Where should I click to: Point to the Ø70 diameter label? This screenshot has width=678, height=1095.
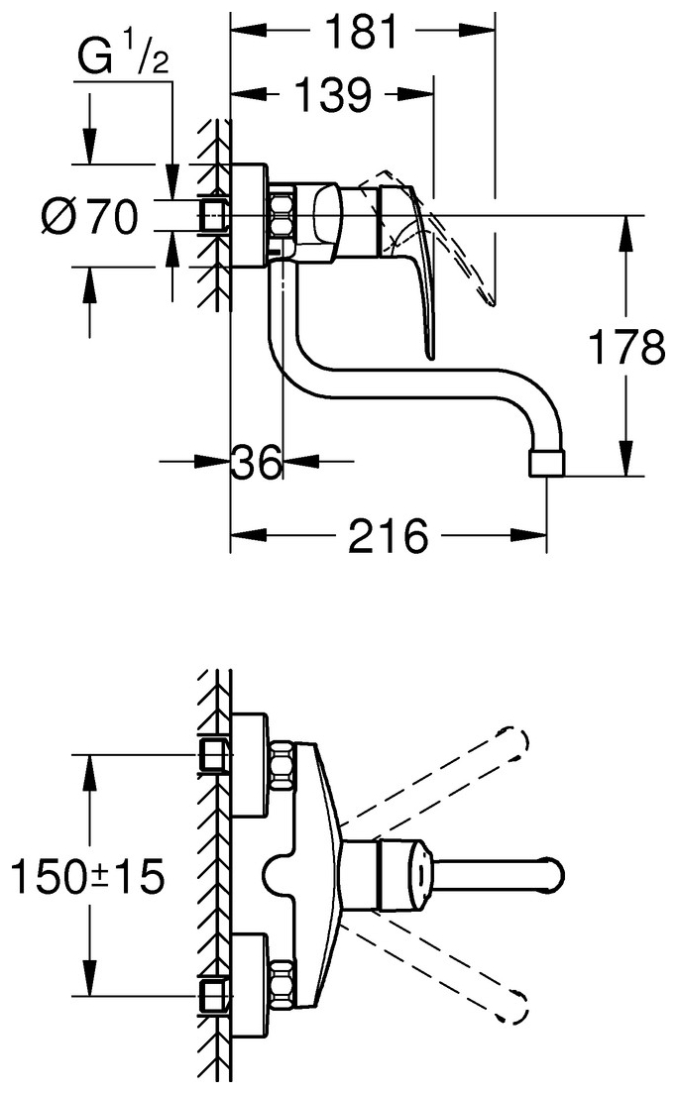(89, 216)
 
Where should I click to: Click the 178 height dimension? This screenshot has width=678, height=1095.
(625, 349)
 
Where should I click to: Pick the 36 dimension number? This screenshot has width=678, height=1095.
(256, 462)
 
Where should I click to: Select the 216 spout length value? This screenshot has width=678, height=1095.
(387, 538)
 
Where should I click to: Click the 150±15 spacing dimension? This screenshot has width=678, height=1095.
(86, 876)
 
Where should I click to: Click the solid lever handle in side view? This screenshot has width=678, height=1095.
(423, 287)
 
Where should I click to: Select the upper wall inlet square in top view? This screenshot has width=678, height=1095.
(212, 755)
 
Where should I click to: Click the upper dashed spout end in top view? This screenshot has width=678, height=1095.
(517, 740)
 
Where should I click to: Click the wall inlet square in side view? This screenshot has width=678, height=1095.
(212, 215)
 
